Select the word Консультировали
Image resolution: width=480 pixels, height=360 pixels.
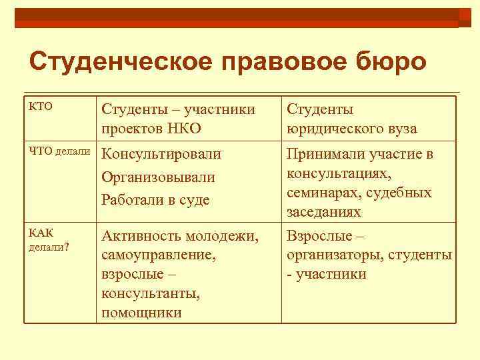pos(161,155)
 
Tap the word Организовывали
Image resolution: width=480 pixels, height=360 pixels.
pos(159,177)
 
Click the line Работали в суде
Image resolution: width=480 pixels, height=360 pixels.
pos(155,199)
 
